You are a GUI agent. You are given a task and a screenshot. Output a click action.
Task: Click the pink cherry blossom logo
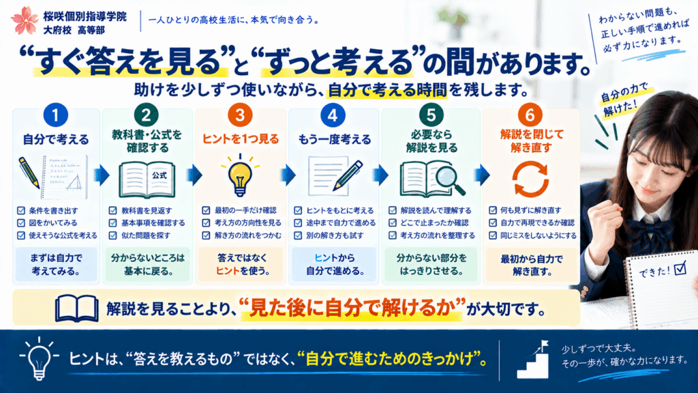[25, 20]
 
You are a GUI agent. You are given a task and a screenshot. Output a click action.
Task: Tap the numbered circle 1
[56, 115]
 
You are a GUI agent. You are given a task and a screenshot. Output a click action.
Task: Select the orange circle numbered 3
[240, 115]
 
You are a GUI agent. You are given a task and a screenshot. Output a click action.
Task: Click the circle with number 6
[530, 115]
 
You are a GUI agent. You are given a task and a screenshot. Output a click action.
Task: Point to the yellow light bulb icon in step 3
[240, 175]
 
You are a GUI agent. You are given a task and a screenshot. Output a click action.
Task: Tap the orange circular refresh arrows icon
[530, 179]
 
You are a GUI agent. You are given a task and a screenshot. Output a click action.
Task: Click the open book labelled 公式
[147, 179]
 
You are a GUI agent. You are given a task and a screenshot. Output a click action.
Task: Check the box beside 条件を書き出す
[21, 210]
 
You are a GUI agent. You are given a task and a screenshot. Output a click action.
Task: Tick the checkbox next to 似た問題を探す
[113, 235]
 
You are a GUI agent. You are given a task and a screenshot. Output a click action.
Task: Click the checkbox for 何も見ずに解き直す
[493, 210]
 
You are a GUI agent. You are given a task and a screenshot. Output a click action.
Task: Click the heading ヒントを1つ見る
[241, 139]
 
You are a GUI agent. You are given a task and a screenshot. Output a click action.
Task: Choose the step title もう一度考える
[334, 139]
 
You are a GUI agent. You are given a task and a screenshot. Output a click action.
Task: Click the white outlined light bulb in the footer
[39, 358]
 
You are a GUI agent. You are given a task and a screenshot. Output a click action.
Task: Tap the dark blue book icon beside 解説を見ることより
[77, 308]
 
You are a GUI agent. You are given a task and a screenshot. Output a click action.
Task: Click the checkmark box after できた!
[680, 268]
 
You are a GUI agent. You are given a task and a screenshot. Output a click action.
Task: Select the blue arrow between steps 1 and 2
[102, 175]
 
